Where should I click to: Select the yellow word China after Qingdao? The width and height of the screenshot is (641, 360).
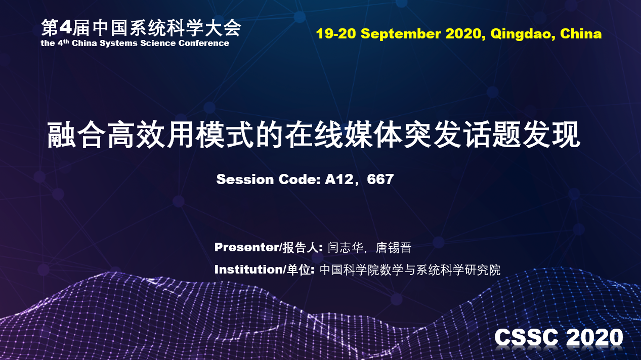coord(581,34)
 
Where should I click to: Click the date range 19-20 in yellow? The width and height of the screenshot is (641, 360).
coord(336,34)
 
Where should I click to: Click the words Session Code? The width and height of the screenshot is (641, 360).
coord(268,179)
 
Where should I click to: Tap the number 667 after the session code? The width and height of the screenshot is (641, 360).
coord(380,179)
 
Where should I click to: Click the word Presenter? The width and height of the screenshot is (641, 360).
coord(246,247)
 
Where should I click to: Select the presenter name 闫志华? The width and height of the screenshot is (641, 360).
coord(345,248)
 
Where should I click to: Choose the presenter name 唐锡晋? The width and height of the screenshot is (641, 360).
coord(394,248)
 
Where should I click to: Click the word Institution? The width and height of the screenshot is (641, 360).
coord(249,269)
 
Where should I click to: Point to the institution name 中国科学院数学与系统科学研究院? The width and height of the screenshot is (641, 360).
coord(410,270)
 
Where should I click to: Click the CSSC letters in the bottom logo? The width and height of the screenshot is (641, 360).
coord(526,337)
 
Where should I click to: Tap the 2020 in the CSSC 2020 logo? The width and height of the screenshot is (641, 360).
coord(594,337)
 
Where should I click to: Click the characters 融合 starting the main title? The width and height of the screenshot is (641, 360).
coord(76,134)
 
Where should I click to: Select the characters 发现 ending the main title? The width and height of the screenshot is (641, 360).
coord(551,134)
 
